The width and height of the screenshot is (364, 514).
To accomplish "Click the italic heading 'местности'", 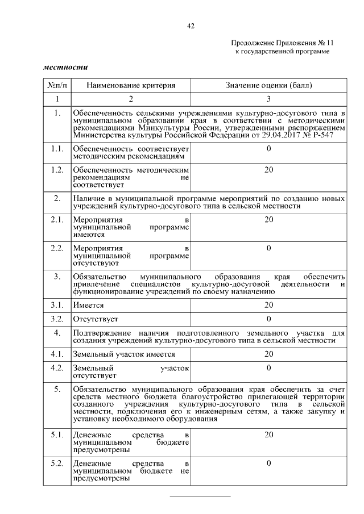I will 65,67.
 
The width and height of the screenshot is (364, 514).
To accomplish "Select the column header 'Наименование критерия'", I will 131,85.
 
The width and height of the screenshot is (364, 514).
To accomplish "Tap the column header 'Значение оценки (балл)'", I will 269,85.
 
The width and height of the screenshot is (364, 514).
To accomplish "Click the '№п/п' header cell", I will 57,85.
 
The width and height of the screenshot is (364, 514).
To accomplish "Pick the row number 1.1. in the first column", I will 57,149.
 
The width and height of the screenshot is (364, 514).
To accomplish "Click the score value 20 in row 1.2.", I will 269,170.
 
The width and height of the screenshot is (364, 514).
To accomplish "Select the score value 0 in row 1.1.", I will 269,149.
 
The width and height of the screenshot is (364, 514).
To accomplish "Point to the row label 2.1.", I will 57,220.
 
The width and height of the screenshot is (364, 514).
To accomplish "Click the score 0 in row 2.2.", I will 269,248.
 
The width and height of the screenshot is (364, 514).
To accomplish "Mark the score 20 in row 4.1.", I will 269,354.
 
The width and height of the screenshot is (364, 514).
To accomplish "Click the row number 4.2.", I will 57,368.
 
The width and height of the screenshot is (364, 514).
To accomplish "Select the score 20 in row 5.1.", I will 269,434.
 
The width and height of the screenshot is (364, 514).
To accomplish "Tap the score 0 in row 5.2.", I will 269,463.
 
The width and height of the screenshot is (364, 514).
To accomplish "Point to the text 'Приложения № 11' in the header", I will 301,43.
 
